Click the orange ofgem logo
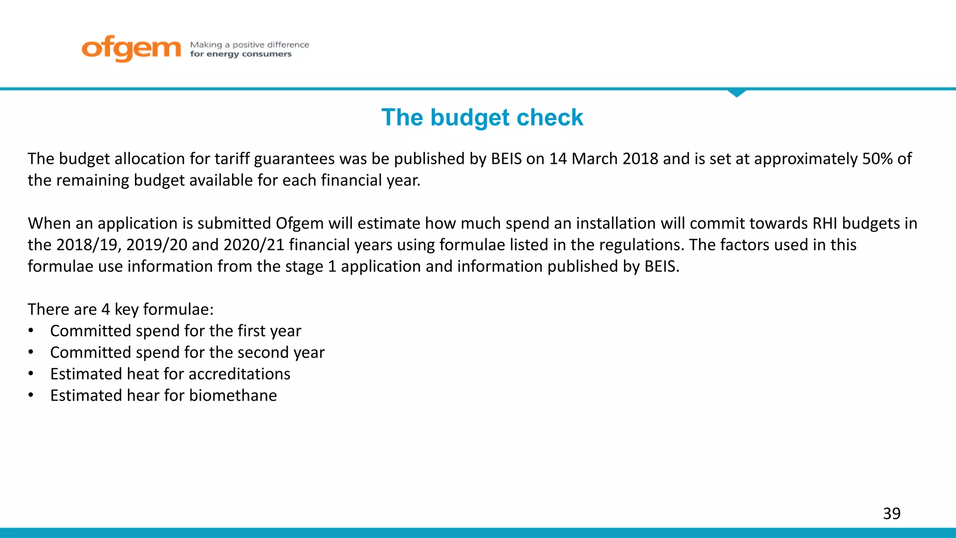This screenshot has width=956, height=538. (x=131, y=48)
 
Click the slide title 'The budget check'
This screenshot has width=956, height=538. (x=482, y=117)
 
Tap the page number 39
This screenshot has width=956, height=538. (x=892, y=513)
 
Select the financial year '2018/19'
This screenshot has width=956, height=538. (x=89, y=245)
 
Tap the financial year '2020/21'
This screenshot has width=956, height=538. (x=254, y=245)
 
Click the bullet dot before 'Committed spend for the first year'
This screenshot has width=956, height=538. (x=31, y=331)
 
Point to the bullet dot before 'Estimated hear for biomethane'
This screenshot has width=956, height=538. (x=31, y=396)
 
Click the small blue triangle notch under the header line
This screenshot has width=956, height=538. (x=737, y=93)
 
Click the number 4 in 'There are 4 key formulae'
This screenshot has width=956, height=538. (x=105, y=309)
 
